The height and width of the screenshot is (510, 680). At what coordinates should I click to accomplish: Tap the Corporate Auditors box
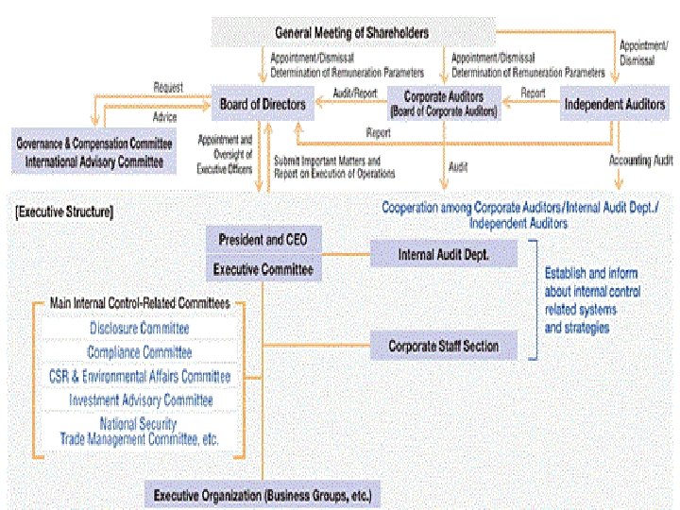443,103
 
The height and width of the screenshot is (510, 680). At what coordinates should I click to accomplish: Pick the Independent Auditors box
614,104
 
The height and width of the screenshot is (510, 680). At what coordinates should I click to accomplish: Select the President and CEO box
263,240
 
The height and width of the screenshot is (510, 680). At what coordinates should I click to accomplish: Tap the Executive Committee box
263,270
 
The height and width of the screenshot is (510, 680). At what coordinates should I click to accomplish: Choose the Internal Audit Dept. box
443,254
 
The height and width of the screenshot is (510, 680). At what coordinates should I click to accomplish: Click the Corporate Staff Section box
443,346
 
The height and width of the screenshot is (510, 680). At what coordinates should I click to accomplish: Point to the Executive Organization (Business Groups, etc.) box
263,495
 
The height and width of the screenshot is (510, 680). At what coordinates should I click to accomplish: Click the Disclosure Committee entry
140,329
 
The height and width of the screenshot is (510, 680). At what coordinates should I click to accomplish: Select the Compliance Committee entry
140,352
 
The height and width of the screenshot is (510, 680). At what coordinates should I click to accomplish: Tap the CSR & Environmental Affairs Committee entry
140,376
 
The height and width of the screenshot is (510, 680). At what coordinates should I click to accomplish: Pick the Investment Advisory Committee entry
140,399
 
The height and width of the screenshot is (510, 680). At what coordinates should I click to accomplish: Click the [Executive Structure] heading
65,212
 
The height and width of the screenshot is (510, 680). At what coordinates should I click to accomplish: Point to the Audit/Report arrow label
354,93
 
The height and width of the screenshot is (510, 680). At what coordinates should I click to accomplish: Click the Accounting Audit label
641,161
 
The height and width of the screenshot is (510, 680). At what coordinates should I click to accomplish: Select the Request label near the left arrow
167,88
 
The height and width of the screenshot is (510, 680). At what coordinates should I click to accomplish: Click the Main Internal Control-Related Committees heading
139,304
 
